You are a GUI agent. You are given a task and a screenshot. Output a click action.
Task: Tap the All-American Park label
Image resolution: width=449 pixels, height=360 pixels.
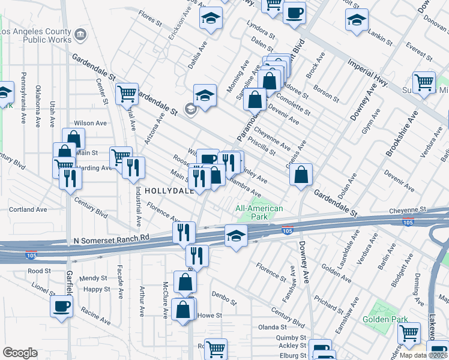(x=259, y=212)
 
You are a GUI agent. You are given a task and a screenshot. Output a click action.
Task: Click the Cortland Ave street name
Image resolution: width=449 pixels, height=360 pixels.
(x=28, y=209)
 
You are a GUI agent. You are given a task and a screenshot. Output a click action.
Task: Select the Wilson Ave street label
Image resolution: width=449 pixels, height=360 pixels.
(x=90, y=123)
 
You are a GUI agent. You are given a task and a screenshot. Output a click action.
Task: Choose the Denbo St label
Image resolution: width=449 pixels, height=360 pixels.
(x=226, y=294)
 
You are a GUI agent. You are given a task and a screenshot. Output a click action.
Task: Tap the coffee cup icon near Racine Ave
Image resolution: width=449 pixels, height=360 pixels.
(x=61, y=306)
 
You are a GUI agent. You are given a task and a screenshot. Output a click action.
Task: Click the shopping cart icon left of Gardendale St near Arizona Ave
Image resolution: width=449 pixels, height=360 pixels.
(x=127, y=94)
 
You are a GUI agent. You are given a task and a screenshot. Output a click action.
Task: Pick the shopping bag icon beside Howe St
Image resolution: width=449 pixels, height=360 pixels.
(x=183, y=310)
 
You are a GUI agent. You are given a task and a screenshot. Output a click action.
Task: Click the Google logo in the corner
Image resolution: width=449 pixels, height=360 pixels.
(x=20, y=353)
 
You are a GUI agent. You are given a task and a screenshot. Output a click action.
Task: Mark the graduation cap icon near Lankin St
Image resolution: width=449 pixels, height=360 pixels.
(x=357, y=20)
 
